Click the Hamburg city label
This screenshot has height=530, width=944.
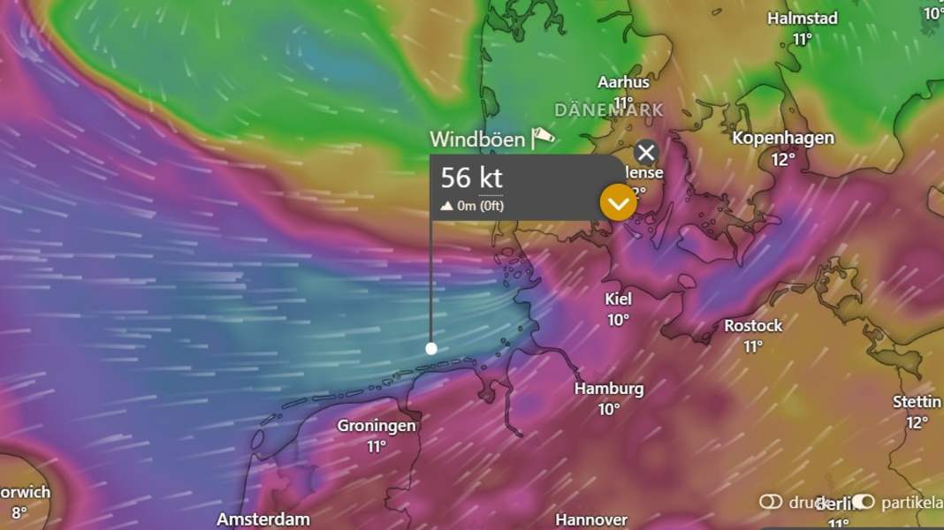point(609,389)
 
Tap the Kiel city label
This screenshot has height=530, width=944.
point(618,299)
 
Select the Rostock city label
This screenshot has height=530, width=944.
point(753,326)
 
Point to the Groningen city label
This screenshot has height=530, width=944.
point(377,426)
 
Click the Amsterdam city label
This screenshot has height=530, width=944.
point(263,519)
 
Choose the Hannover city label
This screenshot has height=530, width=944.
point(591,519)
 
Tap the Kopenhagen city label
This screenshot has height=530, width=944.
point(783,139)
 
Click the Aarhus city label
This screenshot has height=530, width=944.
point(623,82)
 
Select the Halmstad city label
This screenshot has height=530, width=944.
point(802,19)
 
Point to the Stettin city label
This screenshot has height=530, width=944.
point(917,402)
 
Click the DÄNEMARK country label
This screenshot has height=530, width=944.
point(609,110)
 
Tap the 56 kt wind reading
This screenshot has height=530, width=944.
point(472,178)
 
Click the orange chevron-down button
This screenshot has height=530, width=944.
point(618,203)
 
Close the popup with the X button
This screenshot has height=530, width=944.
point(646,152)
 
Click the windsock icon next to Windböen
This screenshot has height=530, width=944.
point(543,138)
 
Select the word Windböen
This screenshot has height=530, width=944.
point(477,140)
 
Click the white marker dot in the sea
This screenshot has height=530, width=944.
point(431,348)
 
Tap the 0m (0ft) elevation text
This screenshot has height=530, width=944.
point(473,207)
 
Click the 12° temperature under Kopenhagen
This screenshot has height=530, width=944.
point(783,160)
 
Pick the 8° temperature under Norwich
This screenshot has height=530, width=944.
point(19,512)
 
